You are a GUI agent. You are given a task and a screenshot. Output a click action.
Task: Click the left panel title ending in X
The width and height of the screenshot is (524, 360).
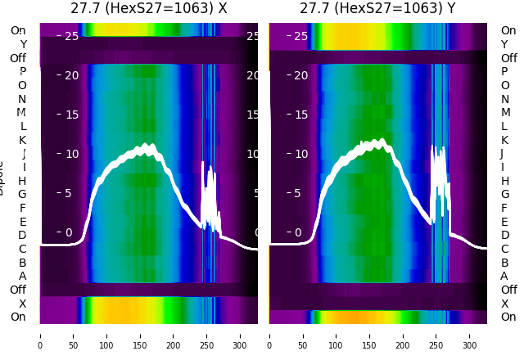[148, 8]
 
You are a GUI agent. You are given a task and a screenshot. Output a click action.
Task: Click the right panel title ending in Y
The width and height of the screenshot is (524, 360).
[377, 8]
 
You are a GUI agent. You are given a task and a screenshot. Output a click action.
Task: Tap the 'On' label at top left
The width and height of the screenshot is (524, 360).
[18, 30]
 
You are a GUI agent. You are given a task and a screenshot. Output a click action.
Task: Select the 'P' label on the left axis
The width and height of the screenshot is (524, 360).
[22, 72]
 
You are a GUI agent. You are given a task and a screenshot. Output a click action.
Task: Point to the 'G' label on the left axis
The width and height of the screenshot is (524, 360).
[22, 195]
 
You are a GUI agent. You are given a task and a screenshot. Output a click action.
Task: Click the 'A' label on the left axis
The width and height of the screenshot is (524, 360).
[22, 276]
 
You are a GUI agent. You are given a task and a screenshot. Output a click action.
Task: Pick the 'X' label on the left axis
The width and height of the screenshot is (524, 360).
[22, 304]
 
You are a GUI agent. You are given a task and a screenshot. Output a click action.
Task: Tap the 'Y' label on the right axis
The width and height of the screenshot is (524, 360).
[504, 44]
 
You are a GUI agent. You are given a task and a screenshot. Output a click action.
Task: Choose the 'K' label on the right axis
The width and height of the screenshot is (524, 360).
[504, 140]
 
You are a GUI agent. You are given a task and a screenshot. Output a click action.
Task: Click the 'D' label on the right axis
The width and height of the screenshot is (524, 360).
[504, 236]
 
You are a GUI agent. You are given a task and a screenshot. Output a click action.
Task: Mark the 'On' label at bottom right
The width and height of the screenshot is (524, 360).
[508, 317]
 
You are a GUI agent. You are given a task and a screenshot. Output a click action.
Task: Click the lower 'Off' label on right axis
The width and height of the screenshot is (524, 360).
[508, 290]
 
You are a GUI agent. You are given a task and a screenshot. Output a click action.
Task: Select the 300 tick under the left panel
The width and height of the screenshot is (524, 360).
[241, 335]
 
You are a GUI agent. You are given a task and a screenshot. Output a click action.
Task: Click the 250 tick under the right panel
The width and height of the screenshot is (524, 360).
[437, 335]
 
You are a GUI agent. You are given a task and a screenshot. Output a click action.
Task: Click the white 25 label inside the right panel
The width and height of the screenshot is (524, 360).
[300, 36]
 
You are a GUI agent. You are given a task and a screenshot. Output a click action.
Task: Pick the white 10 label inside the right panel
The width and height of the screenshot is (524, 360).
[300, 154]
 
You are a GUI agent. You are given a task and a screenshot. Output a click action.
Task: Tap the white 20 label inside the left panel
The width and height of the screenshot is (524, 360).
[71, 75]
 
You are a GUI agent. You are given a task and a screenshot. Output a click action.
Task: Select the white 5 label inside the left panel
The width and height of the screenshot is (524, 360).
[68, 193]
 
